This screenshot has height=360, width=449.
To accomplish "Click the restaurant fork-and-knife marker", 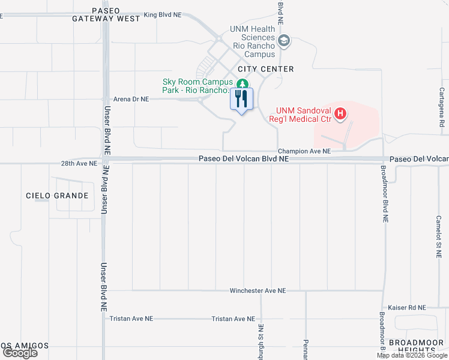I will (241, 99).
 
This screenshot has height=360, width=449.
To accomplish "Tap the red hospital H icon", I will (340, 113).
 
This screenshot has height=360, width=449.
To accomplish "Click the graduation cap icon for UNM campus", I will (285, 41).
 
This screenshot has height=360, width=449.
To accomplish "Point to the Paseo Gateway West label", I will (106, 15).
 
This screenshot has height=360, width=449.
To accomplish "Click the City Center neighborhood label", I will (265, 69).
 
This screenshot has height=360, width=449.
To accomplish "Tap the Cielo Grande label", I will (57, 196).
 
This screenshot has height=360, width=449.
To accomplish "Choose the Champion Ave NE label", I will (304, 152).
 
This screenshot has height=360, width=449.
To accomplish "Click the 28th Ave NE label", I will (78, 163).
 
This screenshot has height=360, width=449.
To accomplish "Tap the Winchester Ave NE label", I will (258, 290).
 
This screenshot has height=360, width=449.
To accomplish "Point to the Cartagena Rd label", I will (441, 107).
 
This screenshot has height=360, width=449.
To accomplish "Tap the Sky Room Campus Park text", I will (196, 86).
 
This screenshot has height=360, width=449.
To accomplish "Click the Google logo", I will (20, 353).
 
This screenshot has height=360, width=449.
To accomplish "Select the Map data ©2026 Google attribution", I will (412, 355).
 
